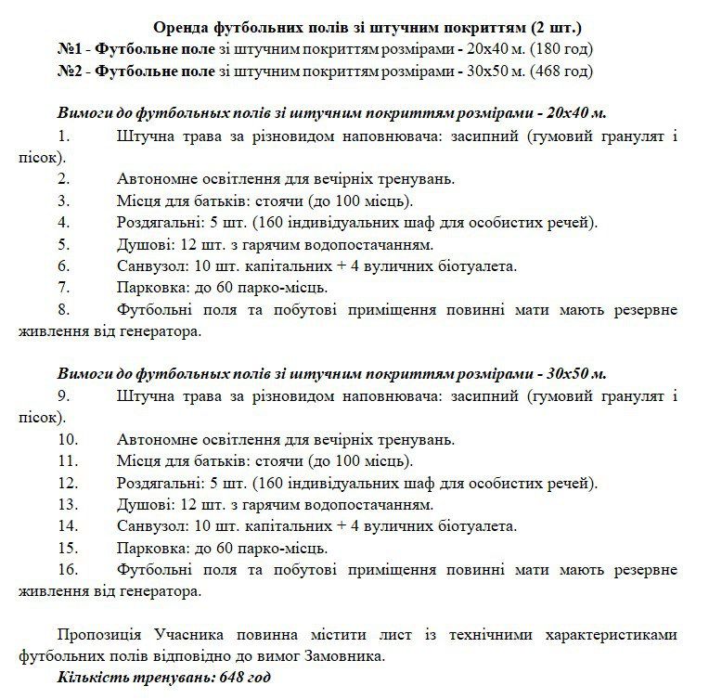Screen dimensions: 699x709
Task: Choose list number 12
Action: (x=67, y=483)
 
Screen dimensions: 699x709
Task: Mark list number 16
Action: (x=67, y=569)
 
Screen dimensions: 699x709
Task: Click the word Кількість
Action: (x=90, y=678)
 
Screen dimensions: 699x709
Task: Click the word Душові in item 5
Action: (x=145, y=244)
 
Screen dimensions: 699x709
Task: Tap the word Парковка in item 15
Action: (x=152, y=548)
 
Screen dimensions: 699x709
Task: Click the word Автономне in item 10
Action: (x=158, y=439)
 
